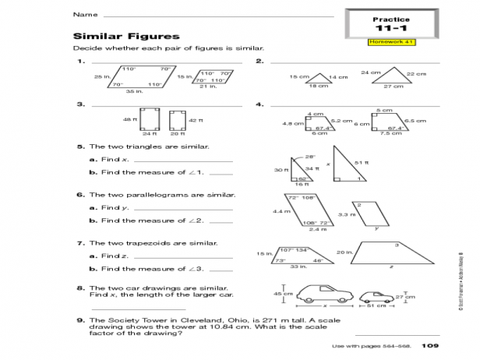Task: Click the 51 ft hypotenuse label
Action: [360, 162]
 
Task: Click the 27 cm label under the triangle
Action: [393, 86]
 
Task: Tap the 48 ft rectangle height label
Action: [129, 119]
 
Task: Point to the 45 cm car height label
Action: [278, 294]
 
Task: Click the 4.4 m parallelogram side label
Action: [280, 211]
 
